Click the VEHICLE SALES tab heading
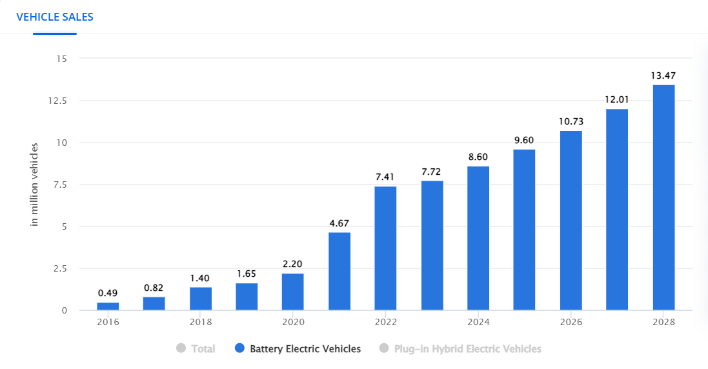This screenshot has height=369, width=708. coord(55,17)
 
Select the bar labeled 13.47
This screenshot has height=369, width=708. coord(663,197)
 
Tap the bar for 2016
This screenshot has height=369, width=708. coord(108,306)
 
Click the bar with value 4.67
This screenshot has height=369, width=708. coord(339,271)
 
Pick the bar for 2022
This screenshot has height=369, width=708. coord(385,248)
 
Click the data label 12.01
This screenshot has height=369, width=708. coord(617,99)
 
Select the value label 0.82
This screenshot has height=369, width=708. coord(154,287)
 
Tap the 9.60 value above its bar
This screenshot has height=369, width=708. coord(524,140)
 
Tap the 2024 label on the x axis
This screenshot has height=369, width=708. coord(478,322)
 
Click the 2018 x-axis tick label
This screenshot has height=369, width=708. coord(200,322)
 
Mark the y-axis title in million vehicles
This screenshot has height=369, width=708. coord(35,184)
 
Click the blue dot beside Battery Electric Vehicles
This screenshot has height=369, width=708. coord(239,349)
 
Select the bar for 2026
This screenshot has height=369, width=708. coord(571,221)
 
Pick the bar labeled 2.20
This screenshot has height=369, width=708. coord(292,292)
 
